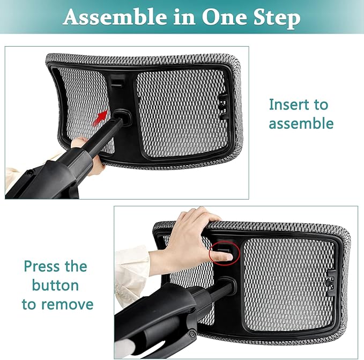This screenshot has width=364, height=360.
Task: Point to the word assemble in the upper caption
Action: [301, 124]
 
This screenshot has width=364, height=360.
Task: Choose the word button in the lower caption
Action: [55, 285]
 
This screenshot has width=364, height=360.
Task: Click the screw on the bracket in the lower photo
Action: [192, 334]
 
